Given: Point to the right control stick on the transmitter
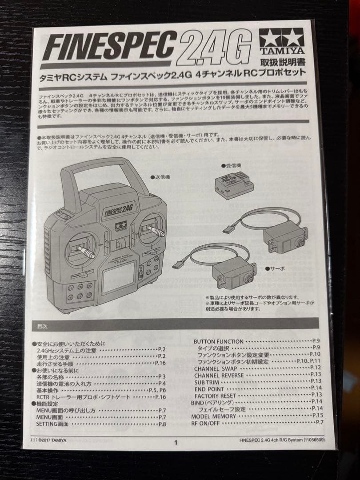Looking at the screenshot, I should (x=155, y=230).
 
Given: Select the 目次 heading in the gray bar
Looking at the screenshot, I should (x=42, y=326).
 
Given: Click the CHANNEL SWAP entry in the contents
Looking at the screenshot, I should (x=212, y=368).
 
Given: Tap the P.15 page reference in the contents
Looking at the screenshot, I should (x=317, y=415).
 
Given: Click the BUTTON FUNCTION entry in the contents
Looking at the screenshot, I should (x=218, y=341).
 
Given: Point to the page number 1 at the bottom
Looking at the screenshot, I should (x=176, y=442).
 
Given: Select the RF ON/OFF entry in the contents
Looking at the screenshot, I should (x=205, y=423).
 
